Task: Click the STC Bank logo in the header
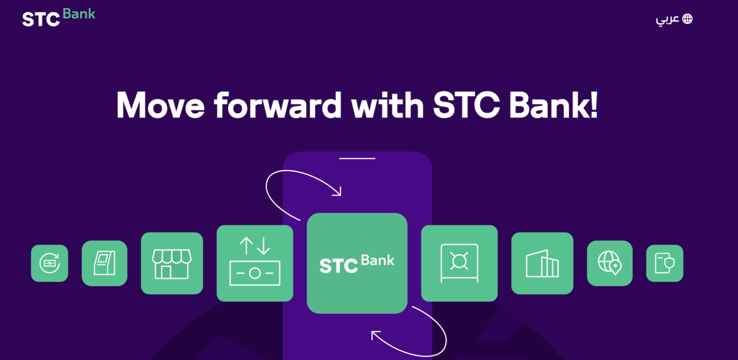[x=58, y=17]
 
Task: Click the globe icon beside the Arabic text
[x=688, y=19]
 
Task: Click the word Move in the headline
[x=161, y=105]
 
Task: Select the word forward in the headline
[x=278, y=105]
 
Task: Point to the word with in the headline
[x=387, y=105]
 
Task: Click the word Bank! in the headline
[x=553, y=105]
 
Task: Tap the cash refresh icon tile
[x=49, y=263]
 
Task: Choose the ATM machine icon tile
[x=105, y=263]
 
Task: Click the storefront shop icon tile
[x=172, y=263]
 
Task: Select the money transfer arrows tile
[x=255, y=263]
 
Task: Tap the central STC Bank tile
[x=357, y=263]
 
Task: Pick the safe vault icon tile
[x=459, y=263]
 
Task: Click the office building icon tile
[x=542, y=263]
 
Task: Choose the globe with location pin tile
[x=609, y=263]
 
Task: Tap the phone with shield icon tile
[x=665, y=263]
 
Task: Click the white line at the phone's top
[x=357, y=159]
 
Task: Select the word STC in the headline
[x=466, y=105]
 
